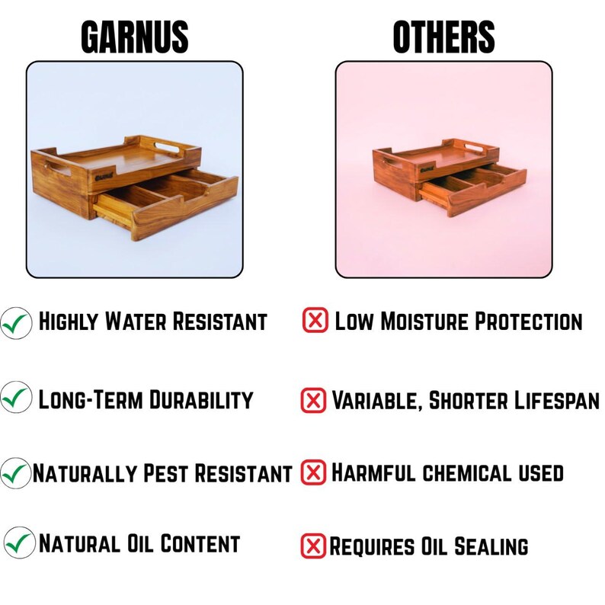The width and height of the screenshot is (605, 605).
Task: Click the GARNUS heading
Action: click(x=135, y=36)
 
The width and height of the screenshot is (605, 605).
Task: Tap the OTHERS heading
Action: click(x=443, y=36)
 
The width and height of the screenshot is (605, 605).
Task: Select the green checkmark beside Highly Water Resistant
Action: click(x=16, y=322)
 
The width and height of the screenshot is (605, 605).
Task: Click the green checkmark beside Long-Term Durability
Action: click(x=16, y=398)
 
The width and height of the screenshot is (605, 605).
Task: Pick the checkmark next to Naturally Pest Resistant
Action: click(x=16, y=472)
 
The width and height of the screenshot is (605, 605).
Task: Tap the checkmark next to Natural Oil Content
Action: click(x=19, y=543)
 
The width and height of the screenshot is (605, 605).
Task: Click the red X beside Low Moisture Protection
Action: click(x=315, y=321)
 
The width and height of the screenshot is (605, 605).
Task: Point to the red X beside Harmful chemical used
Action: click(x=312, y=472)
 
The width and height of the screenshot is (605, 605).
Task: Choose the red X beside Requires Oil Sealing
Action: click(x=312, y=546)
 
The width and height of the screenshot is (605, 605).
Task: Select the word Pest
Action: click(x=166, y=473)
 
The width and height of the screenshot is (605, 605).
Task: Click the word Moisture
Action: click(x=427, y=322)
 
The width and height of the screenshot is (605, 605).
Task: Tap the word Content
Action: click(x=201, y=544)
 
